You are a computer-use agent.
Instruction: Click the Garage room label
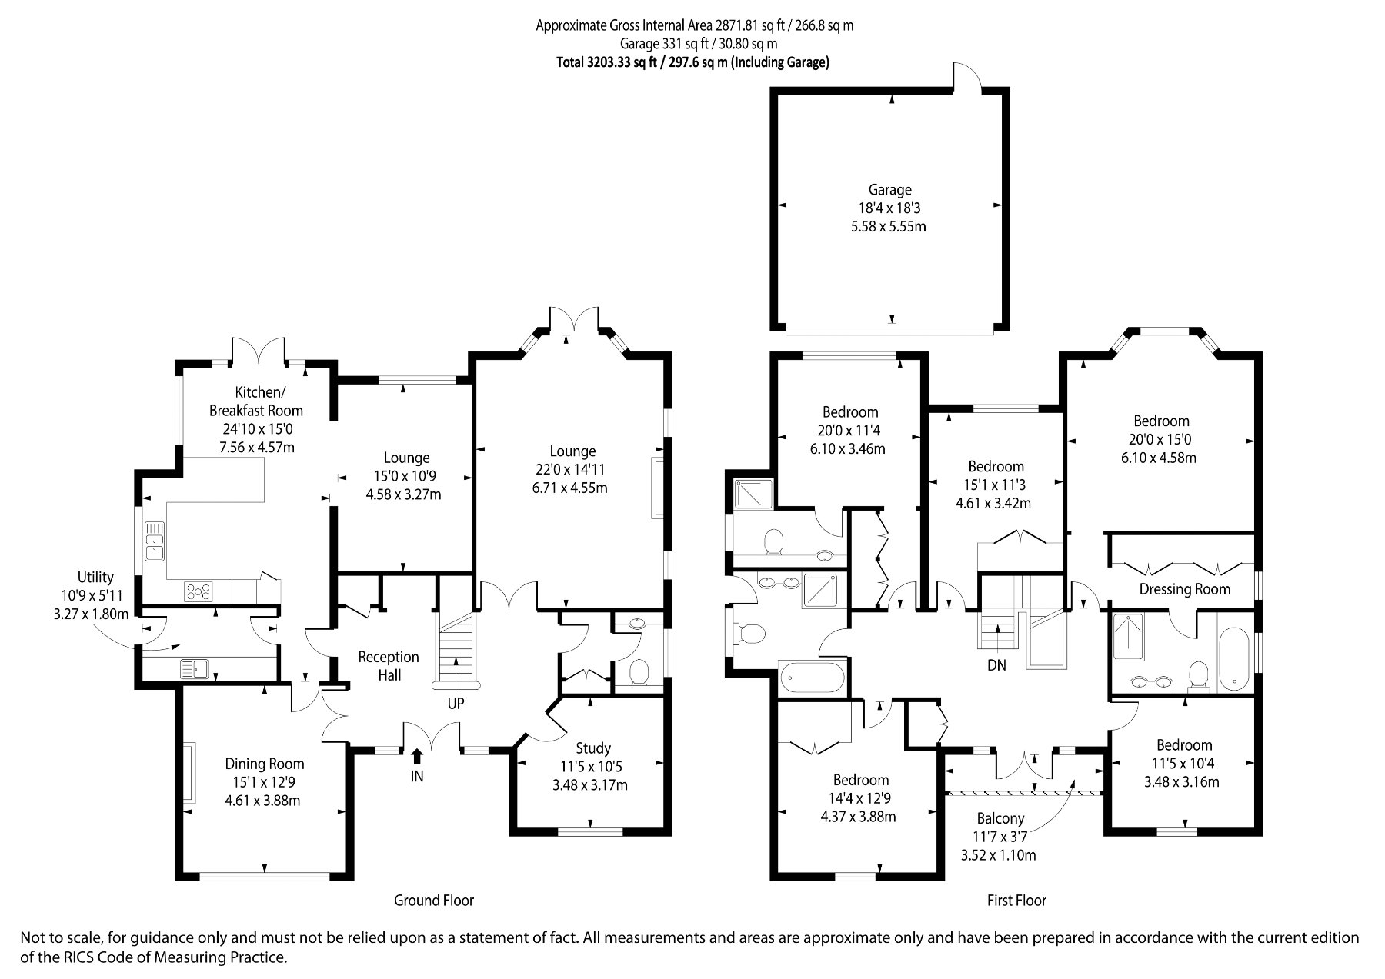coord(889,190)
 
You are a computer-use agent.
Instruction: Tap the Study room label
coord(593,748)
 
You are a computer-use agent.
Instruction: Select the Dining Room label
coord(264,764)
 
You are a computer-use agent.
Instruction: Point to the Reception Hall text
coord(389,666)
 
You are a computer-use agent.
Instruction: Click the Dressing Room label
coord(1184,590)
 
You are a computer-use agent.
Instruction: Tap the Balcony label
coord(1000,819)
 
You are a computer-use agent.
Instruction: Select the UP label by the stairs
coord(456,703)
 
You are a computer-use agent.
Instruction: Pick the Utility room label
coord(95,578)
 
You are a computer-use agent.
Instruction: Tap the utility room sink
coord(196,668)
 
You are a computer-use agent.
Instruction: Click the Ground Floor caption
coord(434,901)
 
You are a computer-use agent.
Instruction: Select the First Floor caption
coord(1016,901)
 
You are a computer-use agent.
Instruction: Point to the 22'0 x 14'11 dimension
coord(573,470)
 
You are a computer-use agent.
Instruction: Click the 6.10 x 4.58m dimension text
coord(1161,458)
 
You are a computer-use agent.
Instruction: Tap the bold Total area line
coord(692,63)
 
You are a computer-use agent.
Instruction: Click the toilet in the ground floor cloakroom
coord(637,673)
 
